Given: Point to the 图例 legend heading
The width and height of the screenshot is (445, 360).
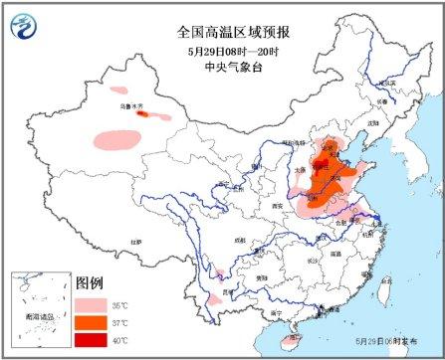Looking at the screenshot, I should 91,281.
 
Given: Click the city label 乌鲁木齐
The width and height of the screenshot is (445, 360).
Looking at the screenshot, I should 130,105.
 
